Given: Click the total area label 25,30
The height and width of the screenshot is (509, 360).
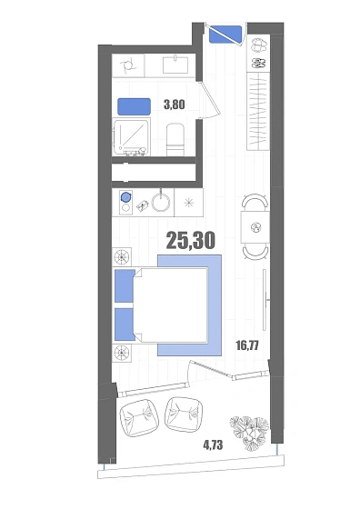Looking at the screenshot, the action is tap(191, 241).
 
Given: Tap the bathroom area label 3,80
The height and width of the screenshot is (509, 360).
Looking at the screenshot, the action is tap(175, 105).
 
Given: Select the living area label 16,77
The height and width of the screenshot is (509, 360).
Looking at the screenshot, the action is tap(247, 345).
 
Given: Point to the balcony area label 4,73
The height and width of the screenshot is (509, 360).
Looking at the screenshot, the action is tap(213, 445).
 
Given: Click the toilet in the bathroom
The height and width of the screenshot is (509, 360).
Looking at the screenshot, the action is tap(175, 140).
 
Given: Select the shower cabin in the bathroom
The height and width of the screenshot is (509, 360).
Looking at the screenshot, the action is tap(132, 137).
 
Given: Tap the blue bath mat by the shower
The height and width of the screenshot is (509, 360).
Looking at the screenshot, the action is tap(134, 106).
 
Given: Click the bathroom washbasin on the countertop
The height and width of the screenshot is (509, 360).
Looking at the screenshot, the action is tap(175, 65).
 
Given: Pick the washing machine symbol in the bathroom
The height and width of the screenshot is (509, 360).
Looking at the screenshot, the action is tap(128, 65).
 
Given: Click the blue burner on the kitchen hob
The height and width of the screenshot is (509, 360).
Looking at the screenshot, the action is tap(125, 196).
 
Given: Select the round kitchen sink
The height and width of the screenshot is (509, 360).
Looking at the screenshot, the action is tap(161, 203).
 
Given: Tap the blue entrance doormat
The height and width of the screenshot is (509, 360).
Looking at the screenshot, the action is tap(225, 35).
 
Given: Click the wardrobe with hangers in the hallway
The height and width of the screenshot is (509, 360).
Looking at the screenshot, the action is tap(258, 111).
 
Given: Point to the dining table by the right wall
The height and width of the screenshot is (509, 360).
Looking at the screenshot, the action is tap(255, 227).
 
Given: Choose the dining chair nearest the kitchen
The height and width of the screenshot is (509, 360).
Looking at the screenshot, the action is tap(255, 202).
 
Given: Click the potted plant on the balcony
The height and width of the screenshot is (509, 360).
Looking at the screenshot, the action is tap(249, 434).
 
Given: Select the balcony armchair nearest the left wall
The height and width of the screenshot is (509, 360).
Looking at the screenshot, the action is tap(139, 418).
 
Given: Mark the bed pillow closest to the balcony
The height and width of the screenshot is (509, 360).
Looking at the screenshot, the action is tap(125, 324).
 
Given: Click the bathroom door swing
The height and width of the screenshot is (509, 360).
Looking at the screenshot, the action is tap(210, 99).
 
